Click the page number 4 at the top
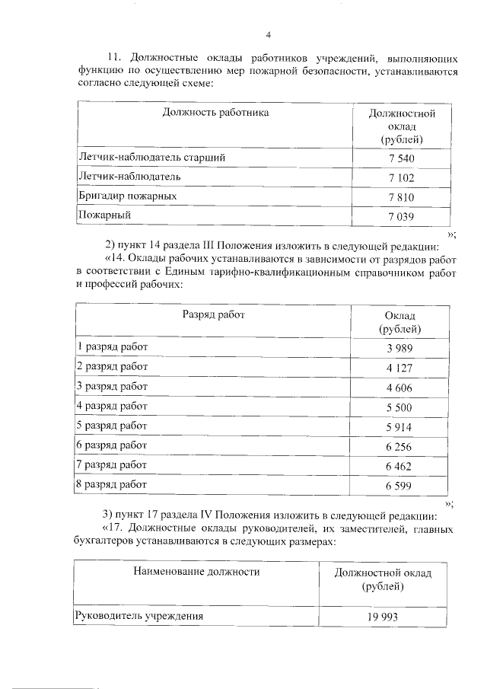[x=268, y=34]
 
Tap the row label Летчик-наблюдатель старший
[x=152, y=158]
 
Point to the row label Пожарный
[x=105, y=215]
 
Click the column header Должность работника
[x=215, y=113]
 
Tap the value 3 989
[x=400, y=348]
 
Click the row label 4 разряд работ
[x=113, y=406]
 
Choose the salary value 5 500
[x=400, y=407]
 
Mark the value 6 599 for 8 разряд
[x=400, y=485]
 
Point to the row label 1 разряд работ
[x=113, y=347]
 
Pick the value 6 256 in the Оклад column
[x=400, y=446]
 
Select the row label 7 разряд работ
[x=113, y=464]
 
